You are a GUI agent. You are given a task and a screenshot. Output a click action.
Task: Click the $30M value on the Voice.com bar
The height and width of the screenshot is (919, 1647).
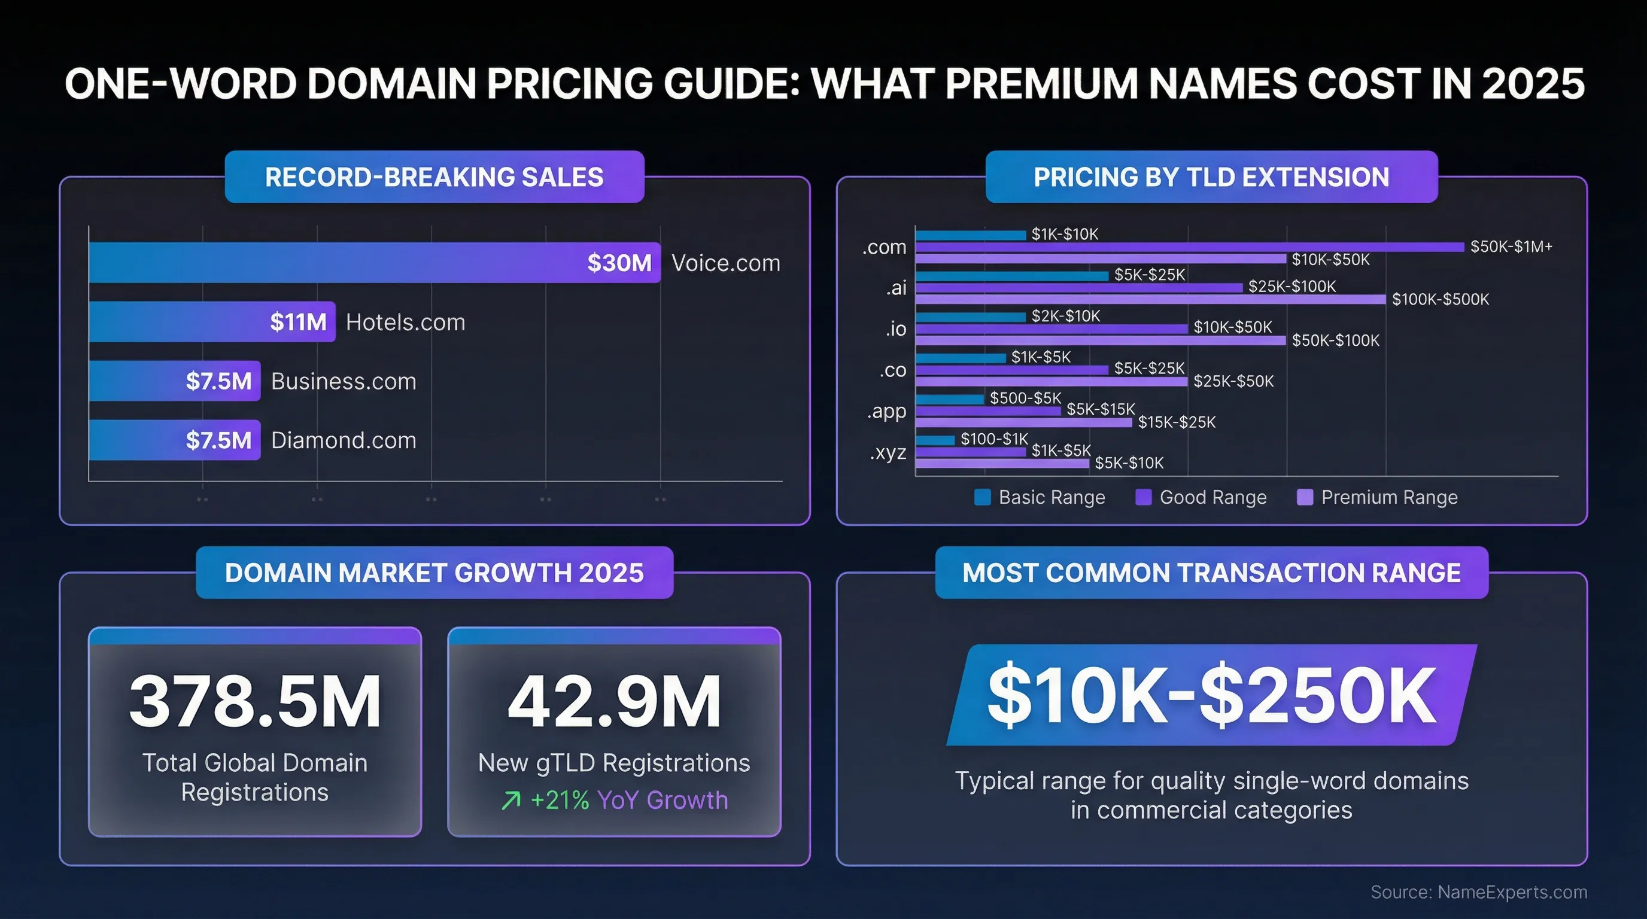point(619,263)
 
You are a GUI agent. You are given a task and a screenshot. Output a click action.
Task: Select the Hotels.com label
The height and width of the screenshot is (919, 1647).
point(405,322)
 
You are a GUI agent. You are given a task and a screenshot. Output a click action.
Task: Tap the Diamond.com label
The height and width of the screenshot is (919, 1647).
point(344,440)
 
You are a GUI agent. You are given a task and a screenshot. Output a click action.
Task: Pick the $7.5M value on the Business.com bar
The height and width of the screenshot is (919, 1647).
point(218,382)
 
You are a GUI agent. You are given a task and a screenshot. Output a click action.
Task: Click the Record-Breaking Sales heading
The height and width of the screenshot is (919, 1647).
point(434,177)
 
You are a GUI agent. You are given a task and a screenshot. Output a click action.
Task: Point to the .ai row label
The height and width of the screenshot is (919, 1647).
point(896,288)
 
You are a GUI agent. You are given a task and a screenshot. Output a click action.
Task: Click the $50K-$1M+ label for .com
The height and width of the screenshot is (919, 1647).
point(1511,247)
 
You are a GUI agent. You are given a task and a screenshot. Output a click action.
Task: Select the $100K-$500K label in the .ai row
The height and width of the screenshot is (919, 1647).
point(1440,299)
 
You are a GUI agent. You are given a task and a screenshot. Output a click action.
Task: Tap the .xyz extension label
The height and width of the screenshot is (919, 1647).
point(888,452)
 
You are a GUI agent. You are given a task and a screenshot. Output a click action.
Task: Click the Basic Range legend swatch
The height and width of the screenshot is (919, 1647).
point(982,497)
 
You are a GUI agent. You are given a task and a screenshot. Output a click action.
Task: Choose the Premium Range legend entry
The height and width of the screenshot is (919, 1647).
point(1388,497)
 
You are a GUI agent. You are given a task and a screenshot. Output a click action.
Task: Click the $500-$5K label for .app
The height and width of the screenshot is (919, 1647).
point(1025,398)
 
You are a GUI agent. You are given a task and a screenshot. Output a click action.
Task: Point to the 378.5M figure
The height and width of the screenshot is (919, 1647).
point(254,701)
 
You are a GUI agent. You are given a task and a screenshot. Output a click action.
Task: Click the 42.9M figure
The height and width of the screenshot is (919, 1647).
point(614,701)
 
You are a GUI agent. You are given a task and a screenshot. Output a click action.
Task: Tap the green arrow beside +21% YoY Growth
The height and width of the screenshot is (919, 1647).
point(511,800)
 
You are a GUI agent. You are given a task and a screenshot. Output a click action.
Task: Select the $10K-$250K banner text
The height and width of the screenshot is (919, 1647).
point(1211,695)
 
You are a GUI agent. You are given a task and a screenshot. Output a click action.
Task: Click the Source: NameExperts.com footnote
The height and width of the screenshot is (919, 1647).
point(1478,892)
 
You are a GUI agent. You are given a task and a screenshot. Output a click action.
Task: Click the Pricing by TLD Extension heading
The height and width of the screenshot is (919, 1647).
point(1211,177)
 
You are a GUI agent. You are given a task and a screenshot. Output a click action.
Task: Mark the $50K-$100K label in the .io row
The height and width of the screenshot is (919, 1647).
point(1335,340)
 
